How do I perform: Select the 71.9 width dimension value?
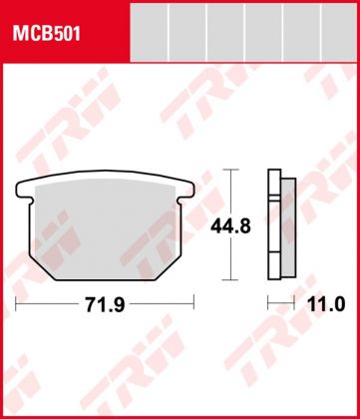(x=104, y=304)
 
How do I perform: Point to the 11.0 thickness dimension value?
(x=324, y=304)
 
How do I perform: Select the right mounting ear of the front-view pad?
(x=184, y=190)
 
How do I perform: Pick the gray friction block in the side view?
(x=285, y=227)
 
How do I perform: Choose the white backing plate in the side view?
(x=272, y=227)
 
